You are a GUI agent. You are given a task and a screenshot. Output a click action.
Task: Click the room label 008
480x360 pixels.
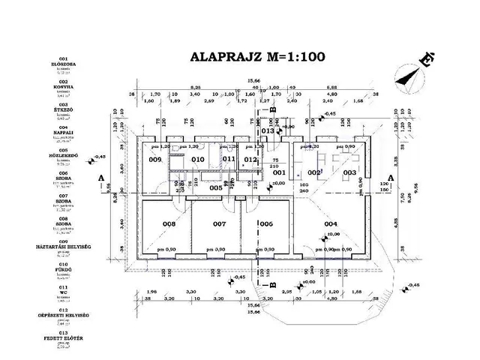[x=169, y=223]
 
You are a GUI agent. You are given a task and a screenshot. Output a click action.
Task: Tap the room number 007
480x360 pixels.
[x=219, y=223]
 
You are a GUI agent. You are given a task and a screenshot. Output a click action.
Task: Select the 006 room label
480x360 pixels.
[x=266, y=223]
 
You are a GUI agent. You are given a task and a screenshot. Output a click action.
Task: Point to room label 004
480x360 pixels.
[x=330, y=223]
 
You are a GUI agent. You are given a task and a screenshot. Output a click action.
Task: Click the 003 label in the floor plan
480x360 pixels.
[x=349, y=172]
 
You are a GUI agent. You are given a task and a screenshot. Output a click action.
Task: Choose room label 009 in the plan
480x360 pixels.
[x=155, y=160]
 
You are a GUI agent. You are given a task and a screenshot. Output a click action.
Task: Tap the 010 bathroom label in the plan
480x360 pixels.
[x=198, y=160]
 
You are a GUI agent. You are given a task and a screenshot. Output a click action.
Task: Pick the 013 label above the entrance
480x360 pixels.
[x=268, y=130]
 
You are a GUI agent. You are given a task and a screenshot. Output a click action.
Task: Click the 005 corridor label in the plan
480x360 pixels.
[x=215, y=187]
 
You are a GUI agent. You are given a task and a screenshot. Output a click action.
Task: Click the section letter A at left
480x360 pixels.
[x=101, y=178]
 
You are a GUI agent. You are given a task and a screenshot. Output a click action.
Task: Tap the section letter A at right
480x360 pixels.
[x=406, y=178]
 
